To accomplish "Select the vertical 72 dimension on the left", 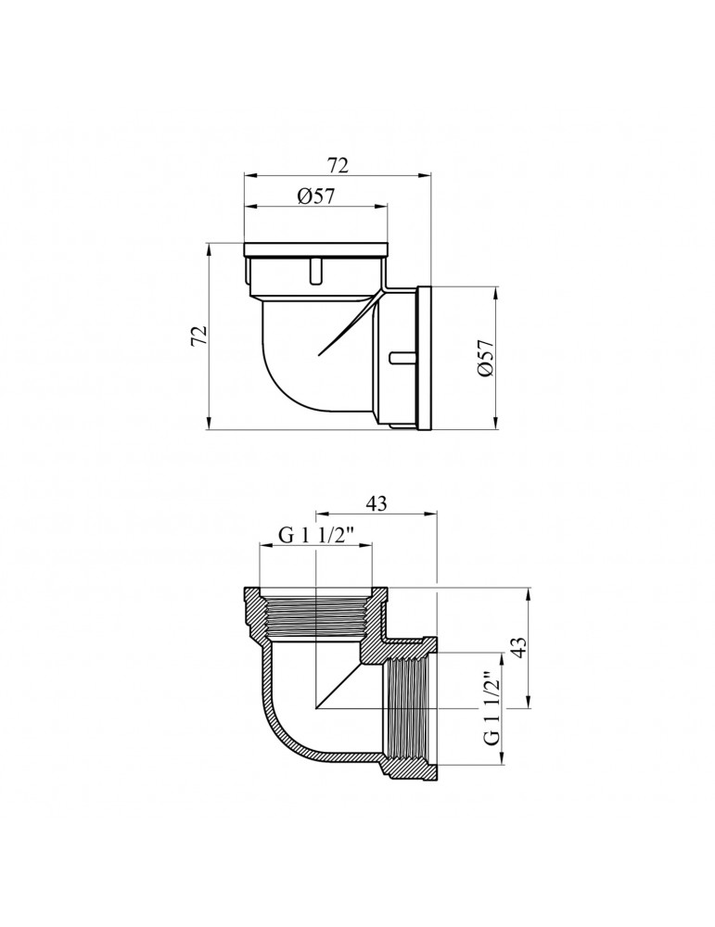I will coord(198,337).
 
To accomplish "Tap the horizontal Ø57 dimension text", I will coord(315,196).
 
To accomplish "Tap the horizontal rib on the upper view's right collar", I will coord(402,355).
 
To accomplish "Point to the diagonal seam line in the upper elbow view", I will coord(348,324).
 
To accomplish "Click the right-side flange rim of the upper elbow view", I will coord(427,357).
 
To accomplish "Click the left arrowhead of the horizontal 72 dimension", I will coord(249,174).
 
